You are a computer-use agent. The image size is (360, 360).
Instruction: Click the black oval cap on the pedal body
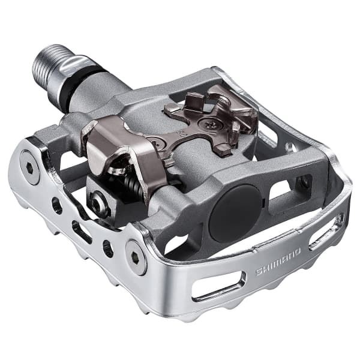(x=236, y=213)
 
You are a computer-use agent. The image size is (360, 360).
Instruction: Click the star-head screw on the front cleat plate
(x=208, y=124)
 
